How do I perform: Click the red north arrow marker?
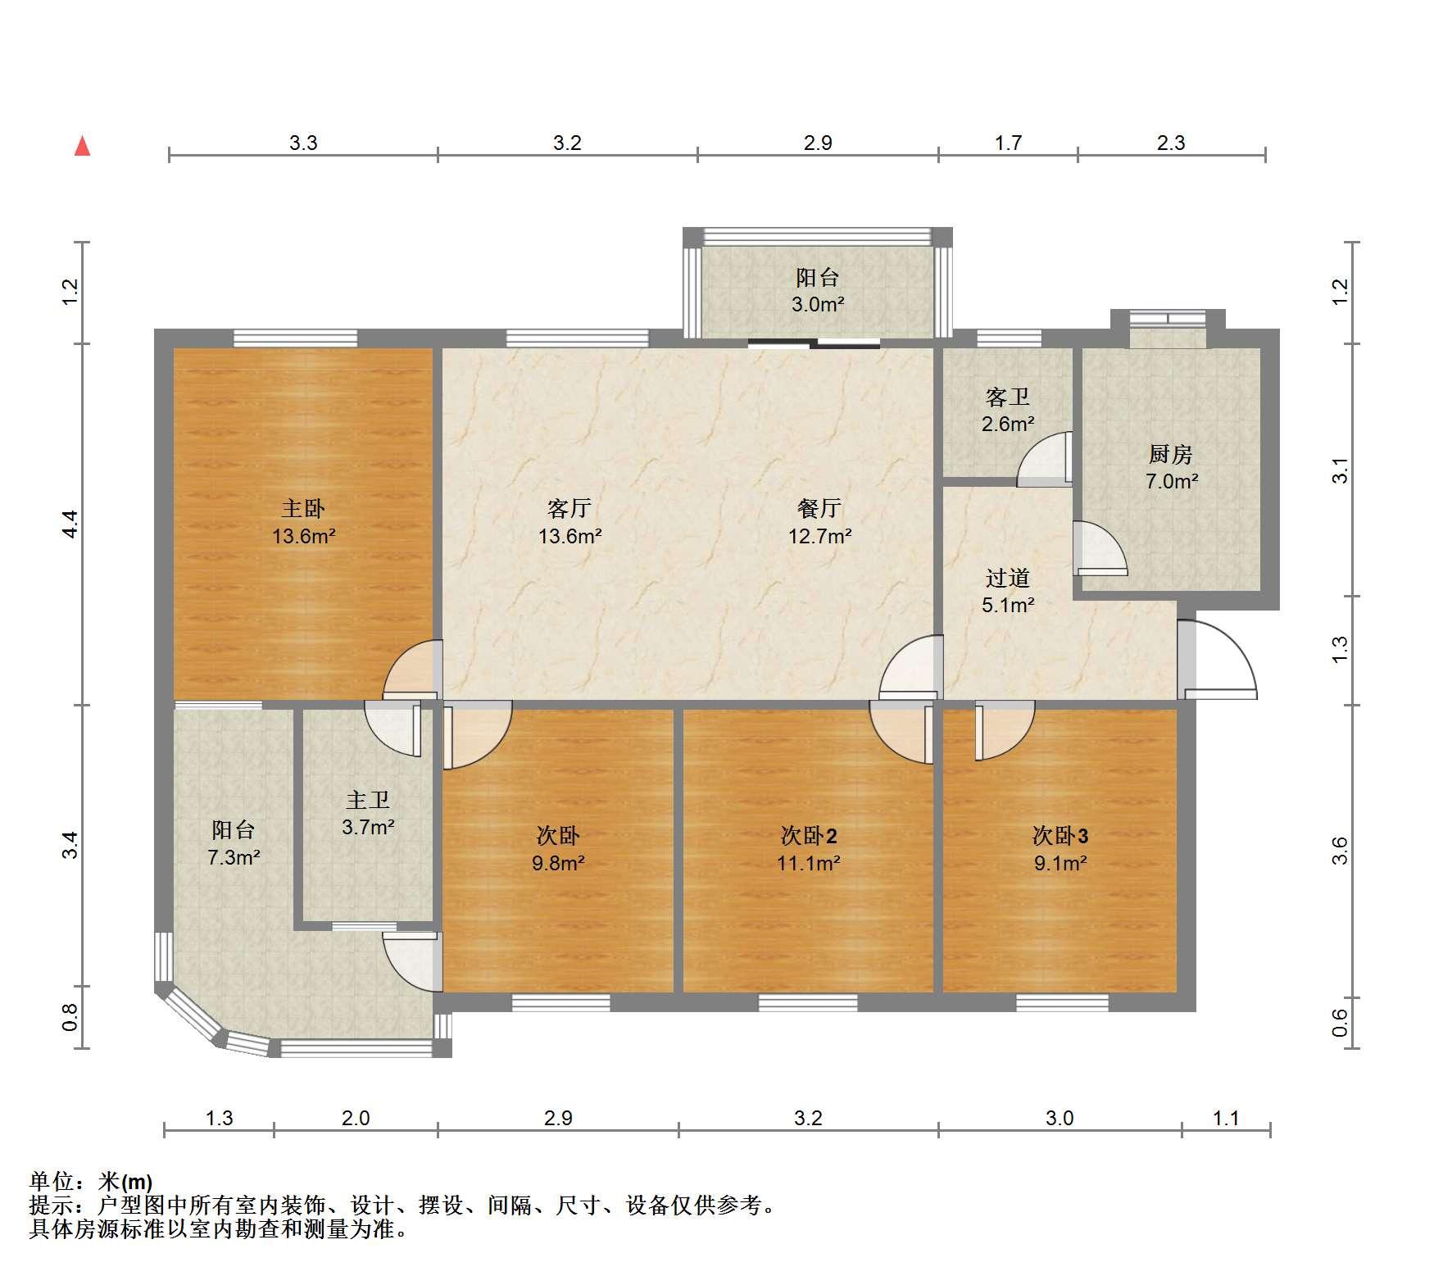coord(82,146)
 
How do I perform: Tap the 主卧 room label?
coord(303,508)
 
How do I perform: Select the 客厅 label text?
coord(570,508)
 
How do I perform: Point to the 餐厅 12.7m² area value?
coord(819,537)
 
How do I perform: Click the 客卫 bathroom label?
coord(1007,397)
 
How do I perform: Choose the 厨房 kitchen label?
coord(1170,454)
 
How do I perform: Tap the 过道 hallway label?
coord(1007,578)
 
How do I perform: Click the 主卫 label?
coord(367,800)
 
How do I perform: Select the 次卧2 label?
coord(809,836)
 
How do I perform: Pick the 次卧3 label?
coord(1060,836)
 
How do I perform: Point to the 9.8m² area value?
coord(557,863)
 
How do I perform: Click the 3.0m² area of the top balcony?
coord(817,305)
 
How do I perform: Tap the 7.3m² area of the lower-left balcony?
coord(234,858)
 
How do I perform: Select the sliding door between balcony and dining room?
coord(814,343)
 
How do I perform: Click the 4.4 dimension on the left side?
coord(70,524)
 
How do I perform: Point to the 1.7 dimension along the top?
coord(1008,143)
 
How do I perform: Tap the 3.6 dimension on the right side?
coord(1339,850)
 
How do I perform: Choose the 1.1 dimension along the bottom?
coord(1226,1118)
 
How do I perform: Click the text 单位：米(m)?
coord(91,1182)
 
